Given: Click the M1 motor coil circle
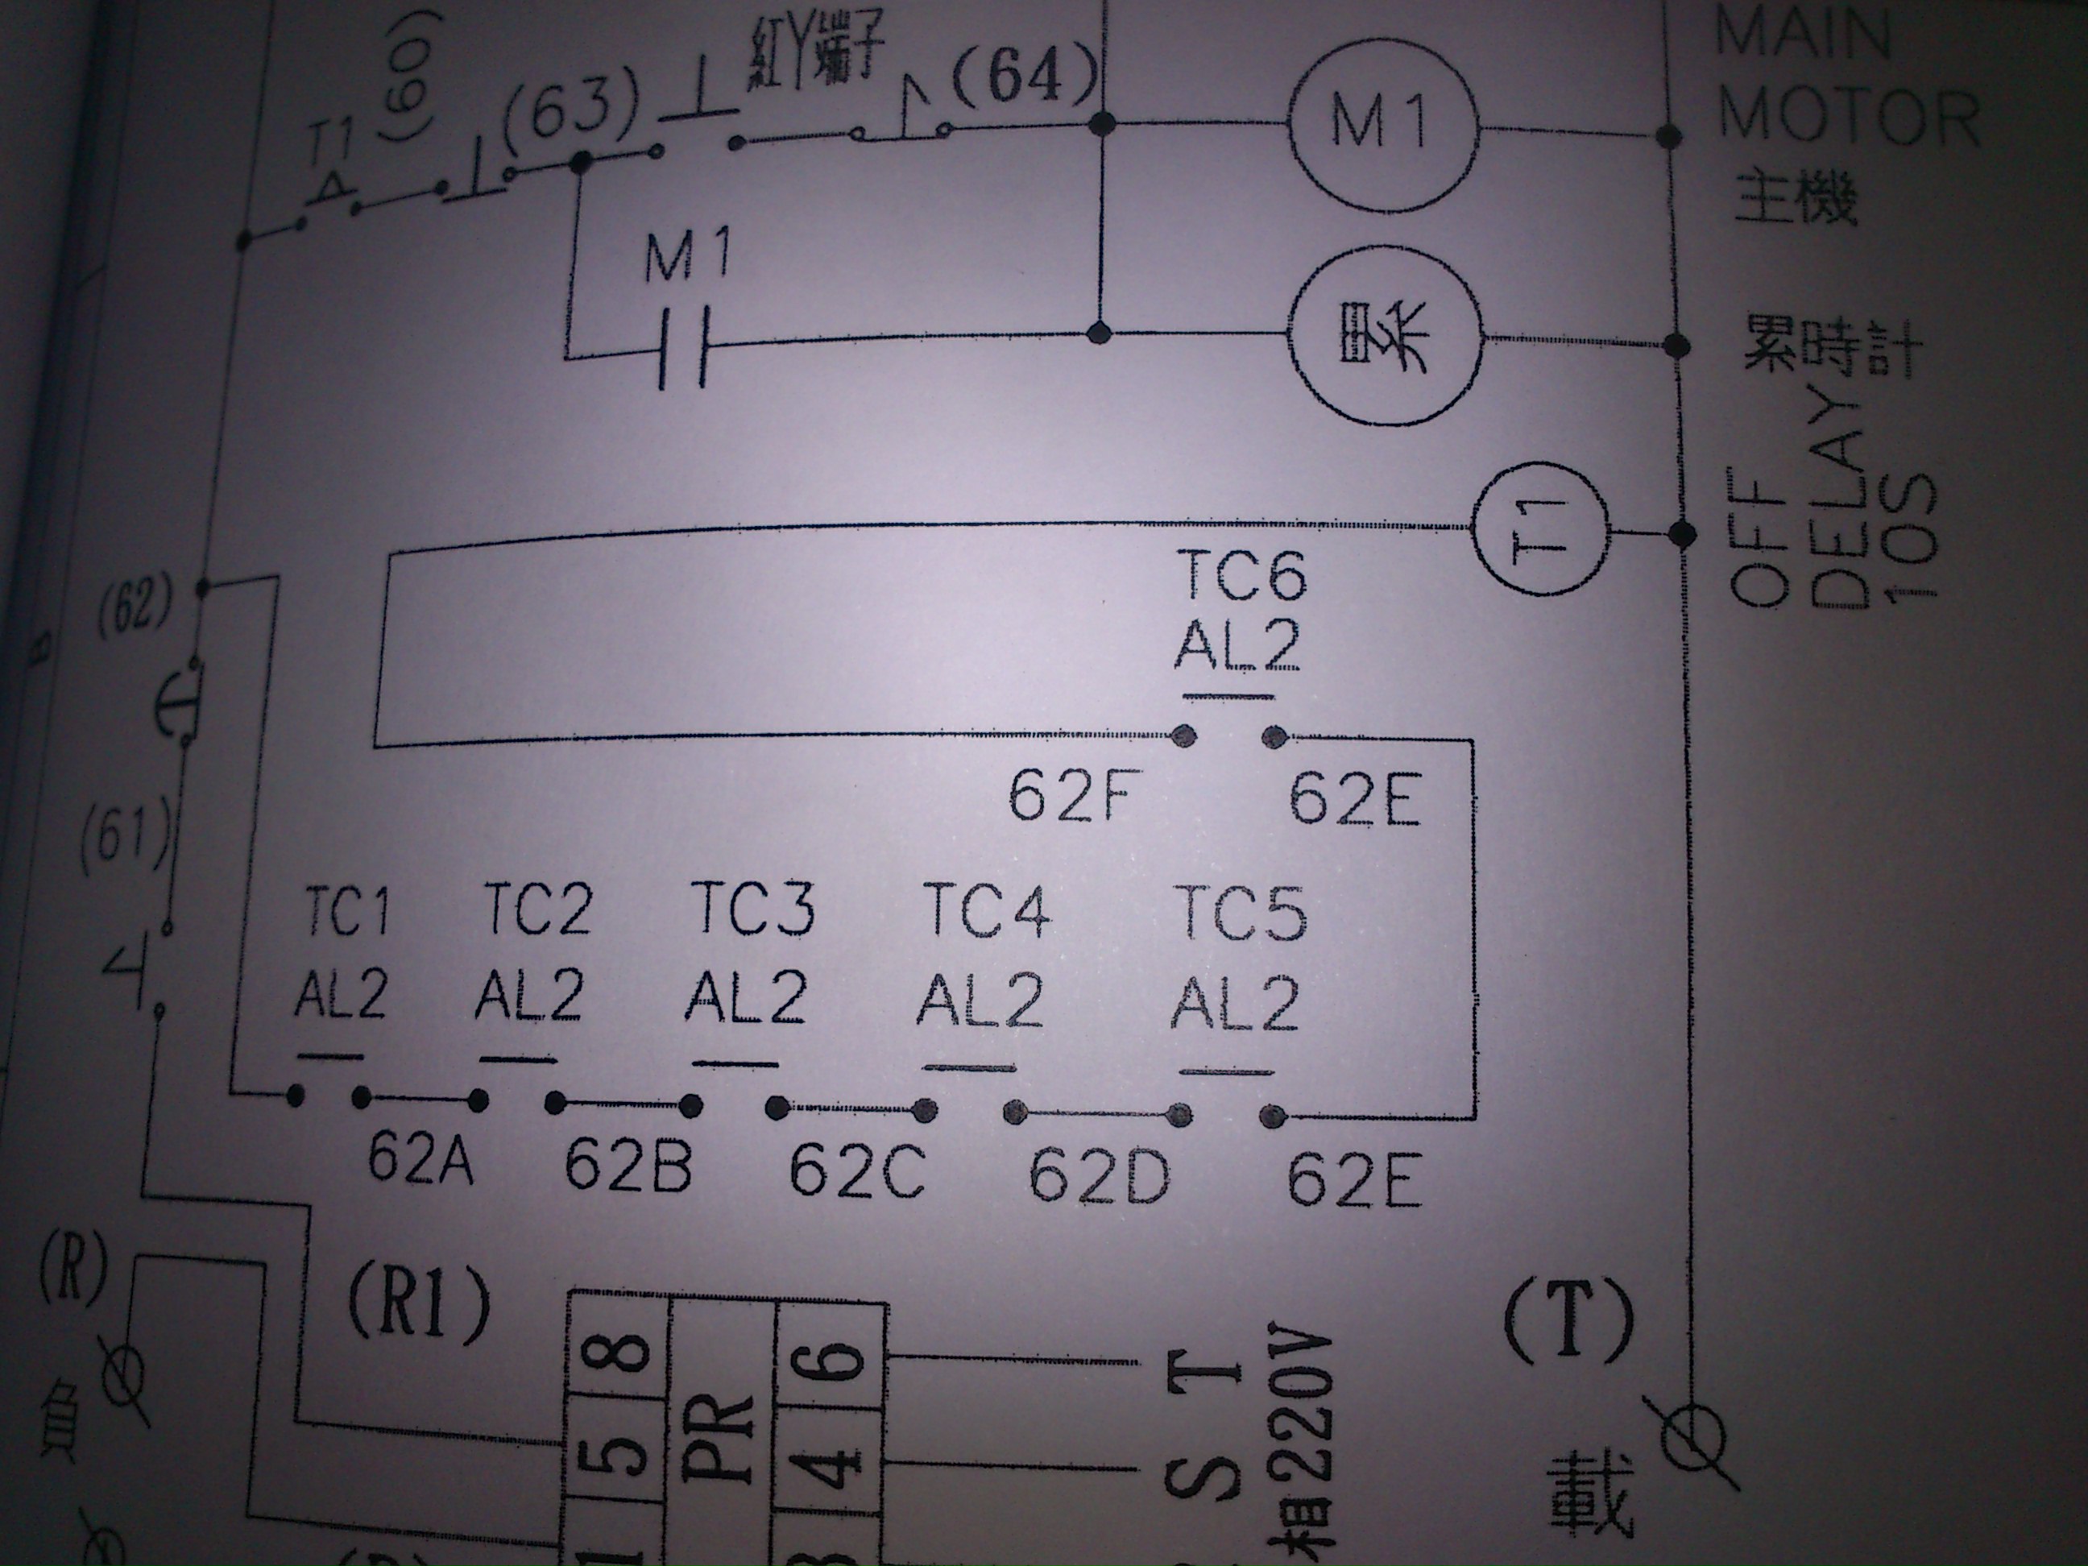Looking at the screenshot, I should point(1380,126).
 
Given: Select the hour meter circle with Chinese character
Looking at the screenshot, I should point(1386,340).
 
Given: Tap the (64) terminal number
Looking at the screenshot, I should point(1027,77).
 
